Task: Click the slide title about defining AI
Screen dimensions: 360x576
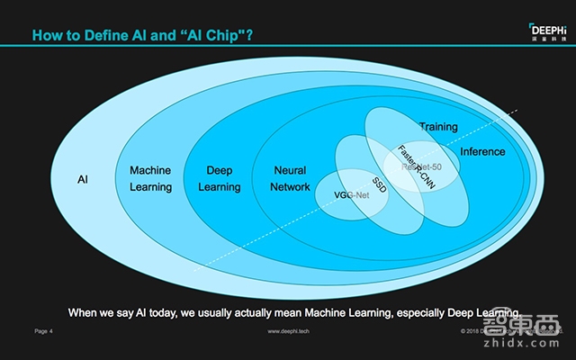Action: pyautogui.click(x=141, y=36)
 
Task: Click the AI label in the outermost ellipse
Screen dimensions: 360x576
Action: pyautogui.click(x=82, y=179)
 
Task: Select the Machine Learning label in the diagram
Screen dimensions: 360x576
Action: pyautogui.click(x=150, y=178)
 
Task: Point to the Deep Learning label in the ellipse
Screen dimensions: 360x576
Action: pyautogui.click(x=220, y=178)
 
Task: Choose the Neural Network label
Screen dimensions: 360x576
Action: pyautogui.click(x=289, y=178)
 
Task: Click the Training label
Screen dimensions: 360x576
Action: pyautogui.click(x=438, y=127)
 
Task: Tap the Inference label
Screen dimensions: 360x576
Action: pyautogui.click(x=482, y=151)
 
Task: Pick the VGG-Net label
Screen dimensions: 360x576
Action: pyautogui.click(x=352, y=194)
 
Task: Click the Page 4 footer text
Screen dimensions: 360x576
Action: pyautogui.click(x=44, y=332)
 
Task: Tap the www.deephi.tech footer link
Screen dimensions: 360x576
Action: pyautogui.click(x=290, y=332)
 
